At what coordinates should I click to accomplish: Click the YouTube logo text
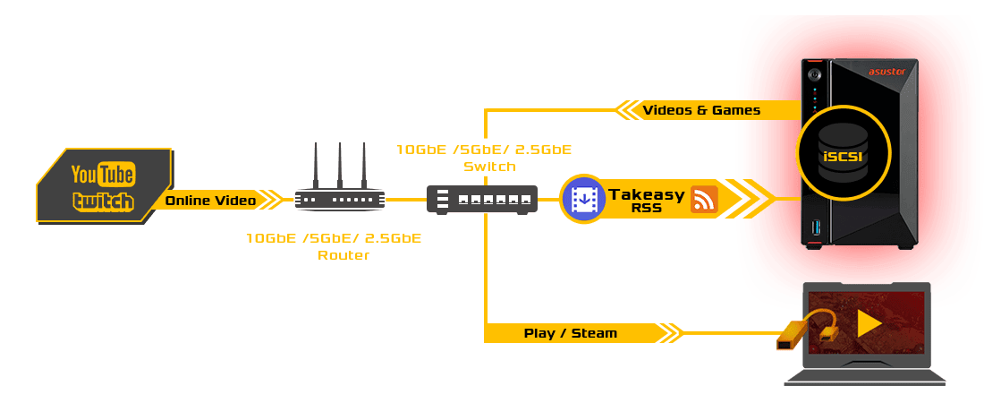coord(103,174)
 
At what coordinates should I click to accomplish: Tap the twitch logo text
coord(103,201)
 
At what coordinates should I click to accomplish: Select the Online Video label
coord(210,201)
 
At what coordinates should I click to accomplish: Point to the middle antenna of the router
coord(340,161)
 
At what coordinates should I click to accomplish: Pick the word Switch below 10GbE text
coord(489,167)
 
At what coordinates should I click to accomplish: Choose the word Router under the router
coord(344,256)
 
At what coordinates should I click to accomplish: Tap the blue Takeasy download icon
coord(583,199)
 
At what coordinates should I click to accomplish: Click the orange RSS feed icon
coord(704,199)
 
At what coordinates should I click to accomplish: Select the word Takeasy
coord(646,193)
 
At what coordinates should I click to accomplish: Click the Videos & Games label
coord(701,110)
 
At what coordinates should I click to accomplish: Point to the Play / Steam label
coord(570,333)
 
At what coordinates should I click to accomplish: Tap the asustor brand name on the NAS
coord(888,72)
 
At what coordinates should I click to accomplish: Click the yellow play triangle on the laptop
coord(869,323)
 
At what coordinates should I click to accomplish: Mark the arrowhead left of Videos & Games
coord(625,110)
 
